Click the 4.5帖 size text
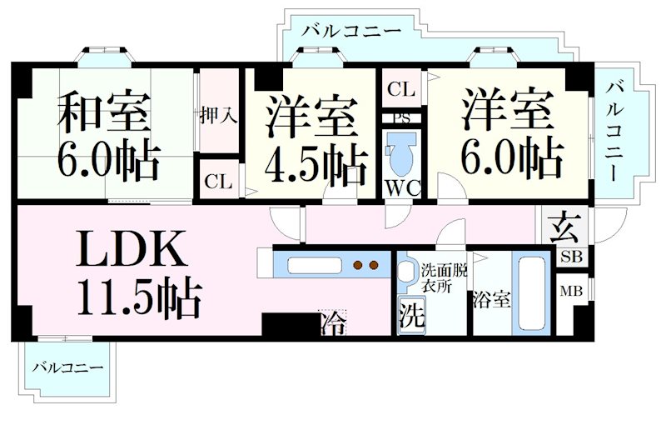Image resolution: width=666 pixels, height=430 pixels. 316,165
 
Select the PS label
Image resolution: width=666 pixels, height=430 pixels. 404,117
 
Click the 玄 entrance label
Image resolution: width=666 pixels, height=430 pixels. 564,227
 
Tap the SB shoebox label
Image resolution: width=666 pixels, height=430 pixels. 571,256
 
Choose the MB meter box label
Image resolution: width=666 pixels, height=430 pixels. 571,291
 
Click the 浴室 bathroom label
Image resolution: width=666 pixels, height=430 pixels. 490,299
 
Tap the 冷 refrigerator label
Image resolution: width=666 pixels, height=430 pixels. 331,322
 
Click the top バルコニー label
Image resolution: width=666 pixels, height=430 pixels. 350,32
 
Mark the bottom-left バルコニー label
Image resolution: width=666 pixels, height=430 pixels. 67,367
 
